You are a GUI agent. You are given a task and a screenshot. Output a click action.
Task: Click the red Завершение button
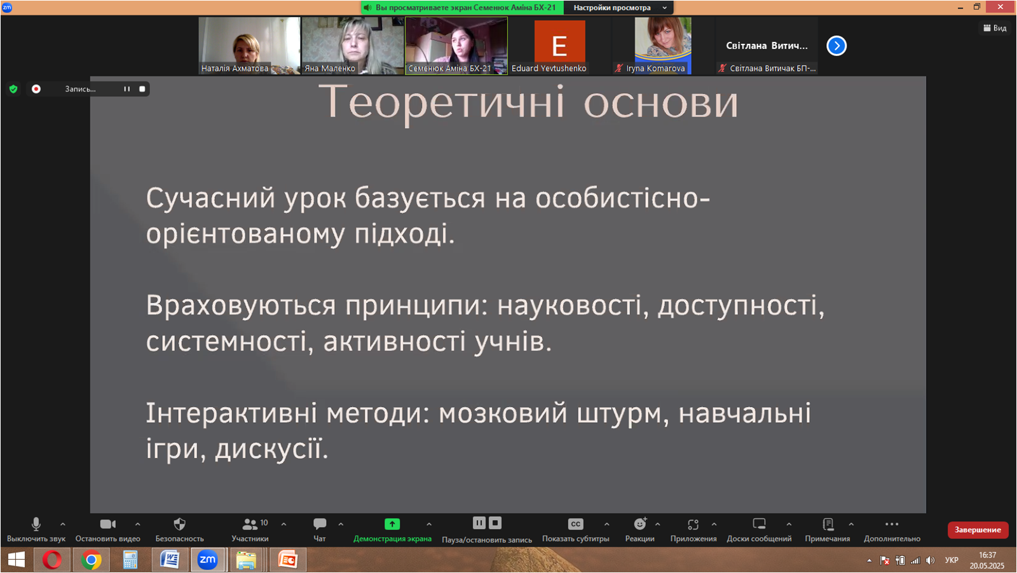pyautogui.click(x=978, y=530)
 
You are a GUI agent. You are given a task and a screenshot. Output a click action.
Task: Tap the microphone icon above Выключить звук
pyautogui.click(x=36, y=524)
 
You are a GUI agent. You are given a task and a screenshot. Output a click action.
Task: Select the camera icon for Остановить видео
pyautogui.click(x=107, y=524)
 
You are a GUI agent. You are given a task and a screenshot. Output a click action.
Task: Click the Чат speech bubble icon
pyautogui.click(x=320, y=524)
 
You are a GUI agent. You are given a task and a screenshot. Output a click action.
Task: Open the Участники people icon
pyautogui.click(x=250, y=525)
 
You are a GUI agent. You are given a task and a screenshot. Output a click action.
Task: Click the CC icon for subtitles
pyautogui.click(x=575, y=524)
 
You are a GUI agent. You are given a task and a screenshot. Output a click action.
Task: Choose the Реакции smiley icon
pyautogui.click(x=640, y=524)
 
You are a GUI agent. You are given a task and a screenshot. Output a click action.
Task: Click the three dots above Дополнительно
pyautogui.click(x=892, y=524)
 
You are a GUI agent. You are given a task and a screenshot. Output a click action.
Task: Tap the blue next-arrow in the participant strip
pyautogui.click(x=836, y=45)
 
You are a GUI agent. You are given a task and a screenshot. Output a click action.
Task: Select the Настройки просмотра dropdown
pyautogui.click(x=619, y=8)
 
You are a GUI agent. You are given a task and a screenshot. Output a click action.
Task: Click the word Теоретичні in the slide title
pyautogui.click(x=441, y=102)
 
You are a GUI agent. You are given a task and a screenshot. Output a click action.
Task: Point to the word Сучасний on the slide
pyautogui.click(x=210, y=198)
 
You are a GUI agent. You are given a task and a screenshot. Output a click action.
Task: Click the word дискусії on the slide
pyautogui.click(x=271, y=449)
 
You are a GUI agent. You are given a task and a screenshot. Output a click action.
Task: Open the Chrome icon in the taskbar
pyautogui.click(x=92, y=560)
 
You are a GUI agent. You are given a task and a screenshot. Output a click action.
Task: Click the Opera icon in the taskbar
pyautogui.click(x=51, y=560)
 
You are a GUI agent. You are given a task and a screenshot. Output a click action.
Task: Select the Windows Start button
pyautogui.click(x=17, y=560)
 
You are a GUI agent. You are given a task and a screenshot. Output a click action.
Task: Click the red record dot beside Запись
pyautogui.click(x=36, y=89)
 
